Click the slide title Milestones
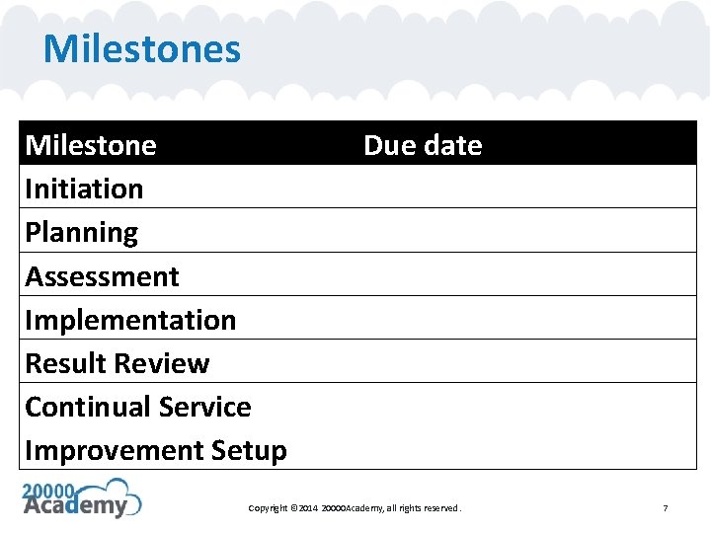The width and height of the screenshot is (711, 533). pyautogui.click(x=141, y=48)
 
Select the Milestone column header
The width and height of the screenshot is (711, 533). pyautogui.click(x=91, y=145)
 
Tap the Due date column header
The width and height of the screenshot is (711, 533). pyautogui.click(x=423, y=145)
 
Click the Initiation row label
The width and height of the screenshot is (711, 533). pyautogui.click(x=84, y=189)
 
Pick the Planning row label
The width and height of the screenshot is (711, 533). pyautogui.click(x=81, y=233)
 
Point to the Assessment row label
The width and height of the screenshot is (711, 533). pyautogui.click(x=102, y=276)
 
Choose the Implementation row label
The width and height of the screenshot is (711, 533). pyautogui.click(x=130, y=320)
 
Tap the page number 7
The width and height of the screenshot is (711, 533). pyautogui.click(x=665, y=508)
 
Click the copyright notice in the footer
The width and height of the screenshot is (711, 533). pyautogui.click(x=355, y=508)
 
